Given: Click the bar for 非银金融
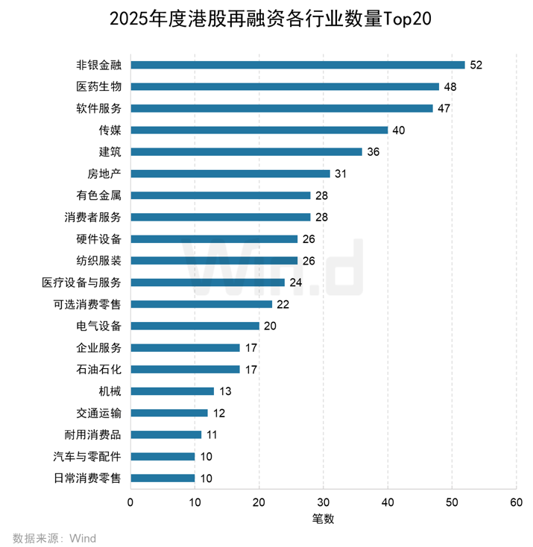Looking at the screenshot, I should pos(297,65).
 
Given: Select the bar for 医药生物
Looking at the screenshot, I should pos(285,86).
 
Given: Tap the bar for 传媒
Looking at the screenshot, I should pos(259,130).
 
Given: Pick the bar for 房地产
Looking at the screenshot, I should pos(230,174).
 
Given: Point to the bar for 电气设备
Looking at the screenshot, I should pos(195,326).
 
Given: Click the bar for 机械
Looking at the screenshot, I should pos(172,391).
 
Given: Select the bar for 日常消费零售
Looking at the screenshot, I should pos(163,478).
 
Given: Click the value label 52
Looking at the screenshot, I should pos(476,65).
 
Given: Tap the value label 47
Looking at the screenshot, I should pos(444,108).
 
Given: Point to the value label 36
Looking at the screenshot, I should pos(373,152).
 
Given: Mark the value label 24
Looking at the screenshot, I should pos(296,282).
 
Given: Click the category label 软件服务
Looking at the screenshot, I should pos(99,108).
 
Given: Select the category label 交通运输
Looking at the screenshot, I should pos(99,413).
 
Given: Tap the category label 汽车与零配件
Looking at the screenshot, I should pos(87,456).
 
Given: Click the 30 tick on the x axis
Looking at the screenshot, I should pos(324,502).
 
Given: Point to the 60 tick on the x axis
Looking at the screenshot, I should pos(516,502).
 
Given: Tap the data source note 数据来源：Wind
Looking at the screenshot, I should pos(54,537).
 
